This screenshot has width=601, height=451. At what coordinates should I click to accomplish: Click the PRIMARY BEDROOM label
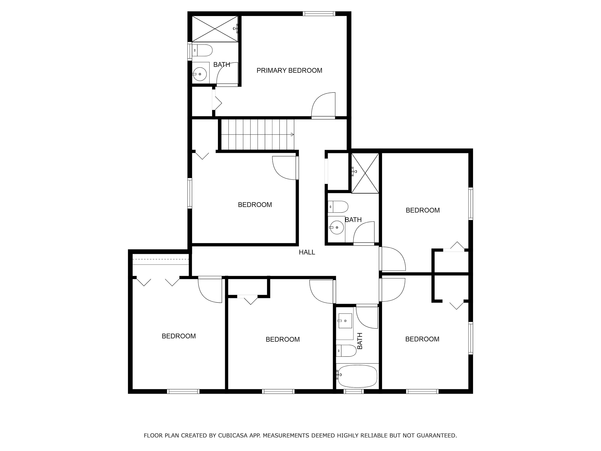pyautogui.click(x=289, y=70)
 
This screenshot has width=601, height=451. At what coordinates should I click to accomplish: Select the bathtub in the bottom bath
pyautogui.click(x=357, y=376)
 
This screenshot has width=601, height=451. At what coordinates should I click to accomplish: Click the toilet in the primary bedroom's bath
pyautogui.click(x=202, y=50)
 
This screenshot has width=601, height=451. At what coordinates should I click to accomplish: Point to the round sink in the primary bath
pyautogui.click(x=200, y=74)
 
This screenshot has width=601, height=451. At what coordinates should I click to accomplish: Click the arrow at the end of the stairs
pyautogui.click(x=292, y=134)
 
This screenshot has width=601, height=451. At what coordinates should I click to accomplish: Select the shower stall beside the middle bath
pyautogui.click(x=365, y=173)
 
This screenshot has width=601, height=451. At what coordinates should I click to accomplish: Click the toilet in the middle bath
pyautogui.click(x=338, y=207)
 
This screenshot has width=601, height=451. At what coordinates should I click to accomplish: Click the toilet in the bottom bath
pyautogui.click(x=346, y=351)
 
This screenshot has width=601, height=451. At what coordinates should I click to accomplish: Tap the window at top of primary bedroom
pyautogui.click(x=319, y=14)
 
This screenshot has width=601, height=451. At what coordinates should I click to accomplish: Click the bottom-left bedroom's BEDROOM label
pyautogui.click(x=179, y=336)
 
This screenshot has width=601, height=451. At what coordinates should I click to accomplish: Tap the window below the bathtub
pyautogui.click(x=353, y=391)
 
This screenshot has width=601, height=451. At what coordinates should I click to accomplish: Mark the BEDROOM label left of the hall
pyautogui.click(x=255, y=205)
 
